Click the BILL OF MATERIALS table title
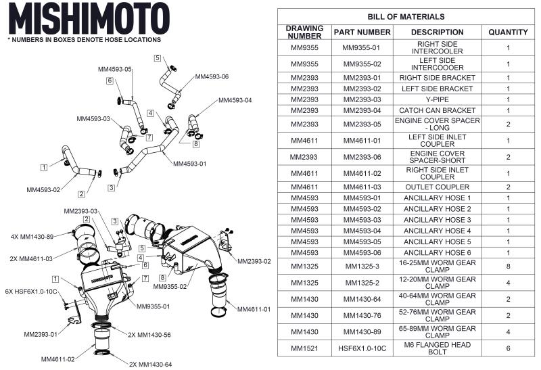(x=406, y=16)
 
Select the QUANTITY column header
(x=508, y=32)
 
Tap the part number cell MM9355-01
(x=362, y=48)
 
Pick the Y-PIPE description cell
(x=437, y=99)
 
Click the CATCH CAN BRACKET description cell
(x=437, y=110)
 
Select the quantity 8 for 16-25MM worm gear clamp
(x=508, y=267)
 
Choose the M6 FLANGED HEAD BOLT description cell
(x=437, y=348)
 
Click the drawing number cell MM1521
(x=304, y=348)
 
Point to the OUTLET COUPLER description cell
(x=437, y=187)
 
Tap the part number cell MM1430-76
(x=362, y=316)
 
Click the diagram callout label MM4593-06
(x=212, y=77)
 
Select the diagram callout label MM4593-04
(x=235, y=101)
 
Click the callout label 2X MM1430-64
(x=150, y=365)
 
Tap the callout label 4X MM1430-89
(x=33, y=237)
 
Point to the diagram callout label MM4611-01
(x=254, y=309)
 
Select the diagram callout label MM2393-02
(x=254, y=261)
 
